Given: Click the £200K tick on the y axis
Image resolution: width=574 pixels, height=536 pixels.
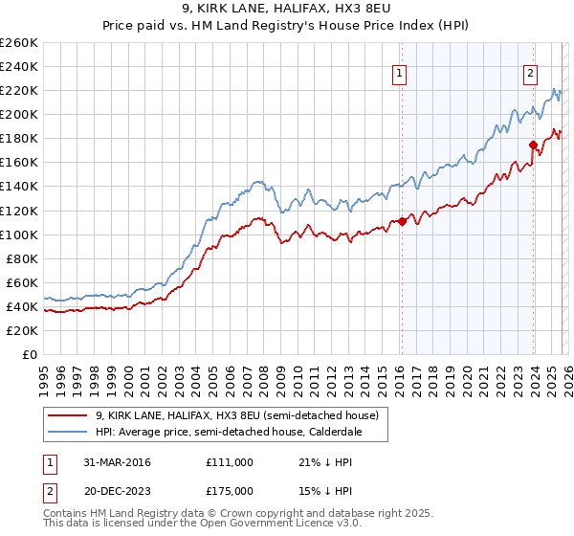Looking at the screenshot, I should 19,114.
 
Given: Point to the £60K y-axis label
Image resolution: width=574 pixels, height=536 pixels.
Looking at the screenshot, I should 22,282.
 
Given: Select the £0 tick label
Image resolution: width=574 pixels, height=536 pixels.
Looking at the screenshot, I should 31,354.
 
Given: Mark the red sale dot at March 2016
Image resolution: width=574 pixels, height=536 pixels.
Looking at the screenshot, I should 402,221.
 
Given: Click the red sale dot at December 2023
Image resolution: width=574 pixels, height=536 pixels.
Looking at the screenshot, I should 533,145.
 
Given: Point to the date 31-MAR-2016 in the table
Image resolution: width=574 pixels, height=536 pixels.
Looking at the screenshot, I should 112,462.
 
